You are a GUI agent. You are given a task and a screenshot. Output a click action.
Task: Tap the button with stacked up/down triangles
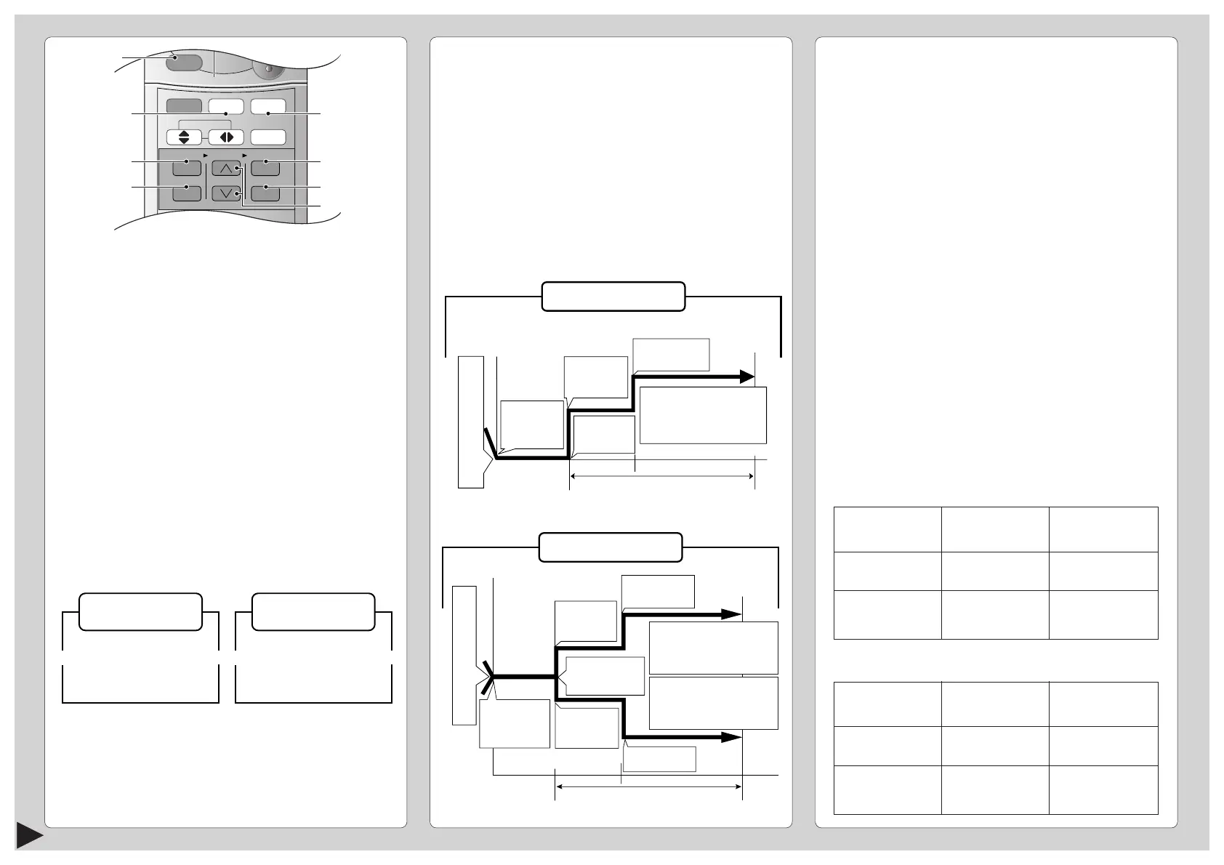pyautogui.click(x=183, y=137)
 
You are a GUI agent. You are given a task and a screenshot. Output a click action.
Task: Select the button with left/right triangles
pyautogui.click(x=226, y=137)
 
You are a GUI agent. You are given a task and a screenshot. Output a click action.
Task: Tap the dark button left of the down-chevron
pyautogui.click(x=187, y=193)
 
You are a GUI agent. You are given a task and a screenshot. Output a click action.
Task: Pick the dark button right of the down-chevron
pyautogui.click(x=265, y=193)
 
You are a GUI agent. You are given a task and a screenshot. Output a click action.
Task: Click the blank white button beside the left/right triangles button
pyautogui.click(x=267, y=137)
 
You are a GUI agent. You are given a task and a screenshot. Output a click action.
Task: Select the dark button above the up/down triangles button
pyautogui.click(x=183, y=106)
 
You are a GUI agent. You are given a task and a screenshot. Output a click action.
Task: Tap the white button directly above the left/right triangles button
pyautogui.click(x=226, y=106)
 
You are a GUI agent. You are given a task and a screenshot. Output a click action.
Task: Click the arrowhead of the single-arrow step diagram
pyautogui.click(x=747, y=377)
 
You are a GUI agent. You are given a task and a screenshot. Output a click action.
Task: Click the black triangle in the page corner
pyautogui.click(x=29, y=850)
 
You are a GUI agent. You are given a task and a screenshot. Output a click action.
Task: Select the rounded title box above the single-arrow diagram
pyautogui.click(x=613, y=297)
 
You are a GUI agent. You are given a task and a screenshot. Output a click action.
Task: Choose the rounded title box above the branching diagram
pyautogui.click(x=610, y=547)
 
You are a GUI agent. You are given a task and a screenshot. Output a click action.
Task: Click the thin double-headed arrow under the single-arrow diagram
pyautogui.click(x=661, y=476)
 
